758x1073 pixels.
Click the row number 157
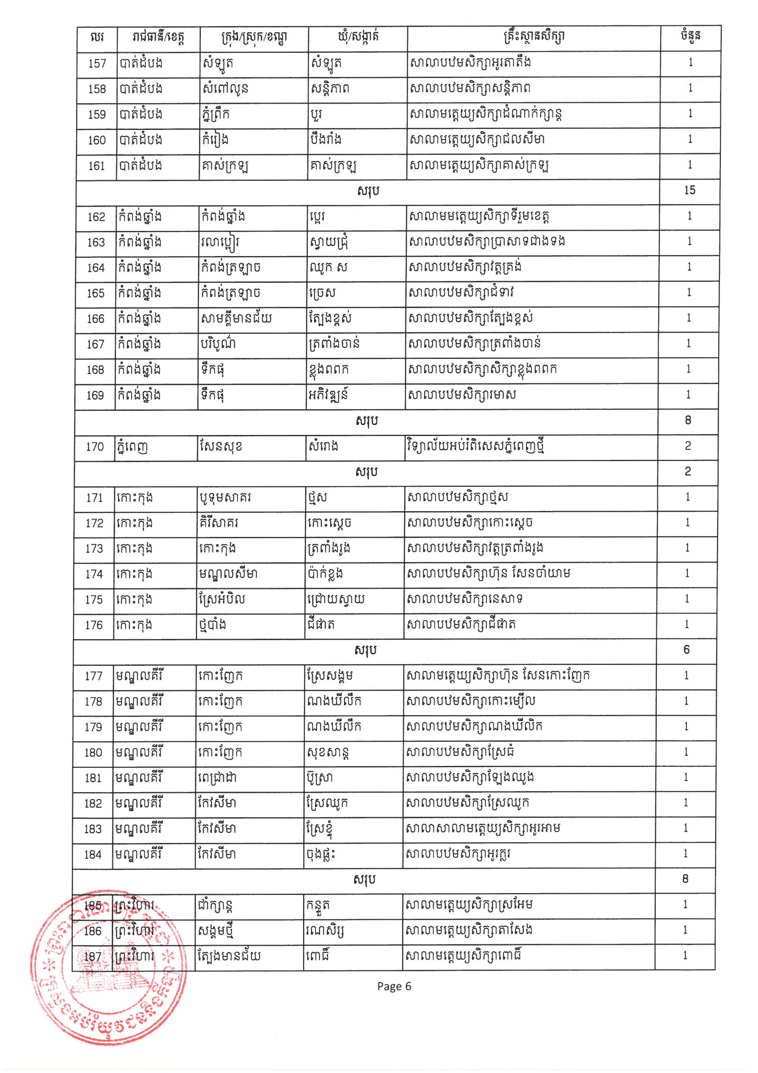click(97, 63)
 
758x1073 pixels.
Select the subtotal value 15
click(689, 190)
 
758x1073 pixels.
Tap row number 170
click(95, 447)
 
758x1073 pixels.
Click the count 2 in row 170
click(687, 446)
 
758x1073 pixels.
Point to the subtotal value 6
click(686, 649)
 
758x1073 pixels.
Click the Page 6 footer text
click(394, 987)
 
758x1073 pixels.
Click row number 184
click(93, 855)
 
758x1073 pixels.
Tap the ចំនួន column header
click(690, 36)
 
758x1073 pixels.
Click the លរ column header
click(97, 37)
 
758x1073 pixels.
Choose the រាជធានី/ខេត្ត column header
click(158, 37)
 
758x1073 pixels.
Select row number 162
click(96, 217)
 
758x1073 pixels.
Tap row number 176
click(94, 625)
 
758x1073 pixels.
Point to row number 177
click(94, 676)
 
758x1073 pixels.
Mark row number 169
click(95, 395)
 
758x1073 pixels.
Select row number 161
click(97, 166)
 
